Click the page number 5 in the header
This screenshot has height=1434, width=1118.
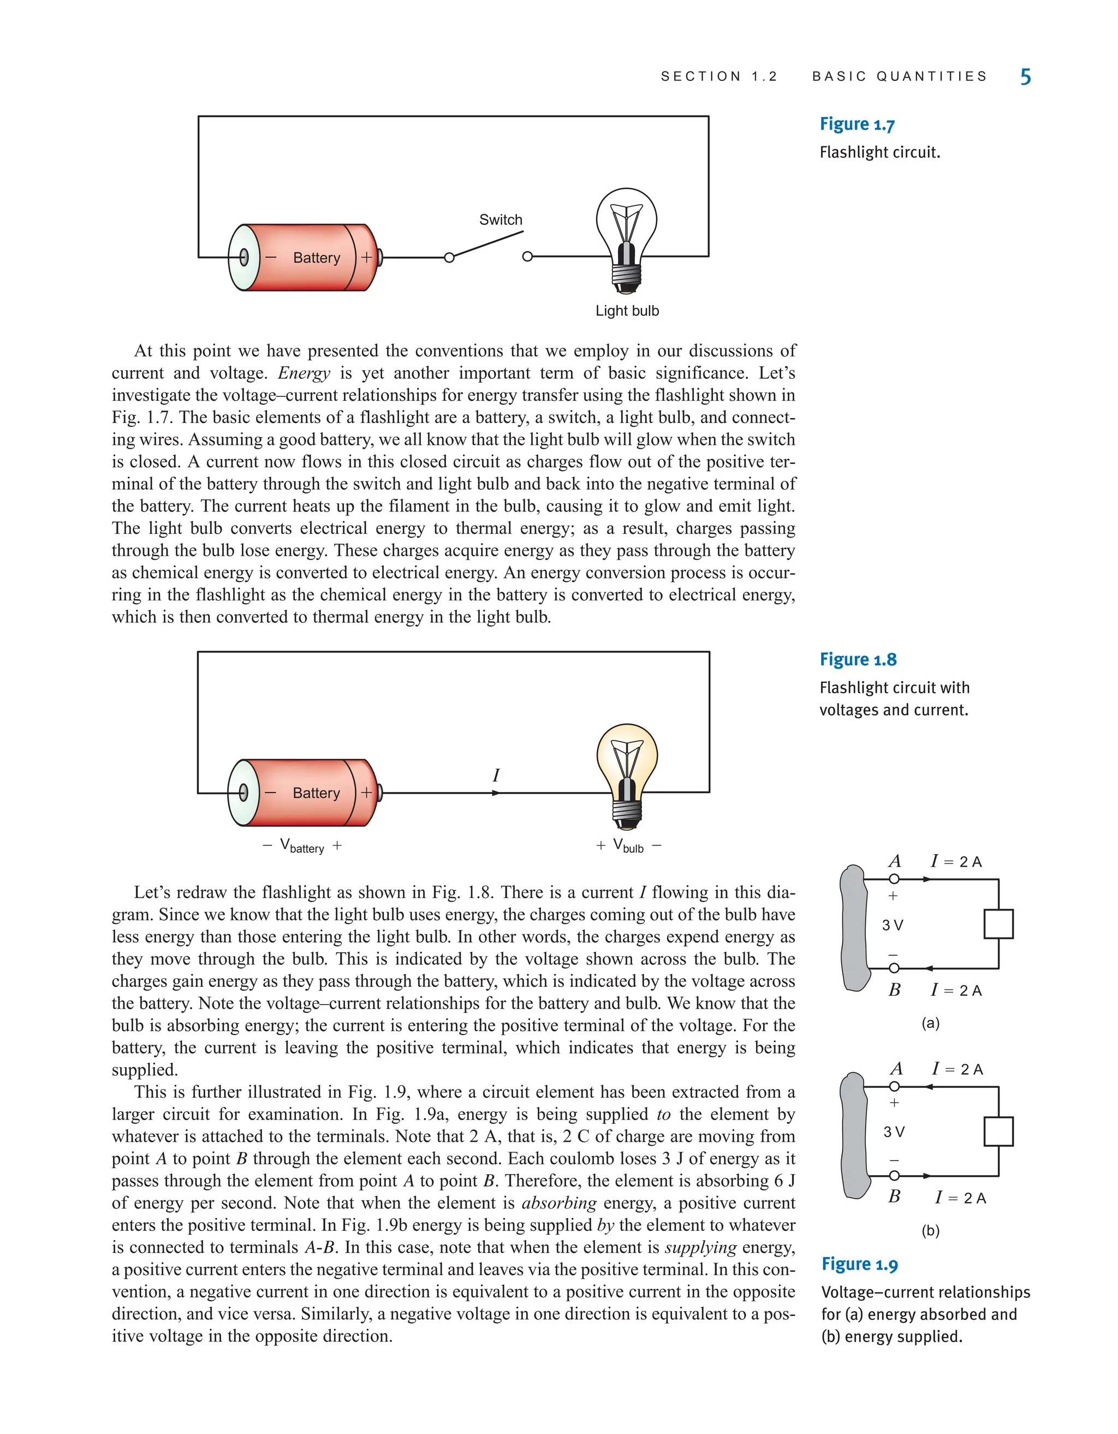tap(1025, 77)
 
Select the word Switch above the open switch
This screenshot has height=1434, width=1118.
tap(500, 220)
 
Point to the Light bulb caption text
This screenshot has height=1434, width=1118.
tap(627, 311)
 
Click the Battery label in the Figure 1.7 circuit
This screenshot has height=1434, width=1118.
tap(317, 258)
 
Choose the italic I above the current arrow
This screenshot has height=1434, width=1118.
tap(496, 776)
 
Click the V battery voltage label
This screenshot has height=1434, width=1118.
tap(302, 846)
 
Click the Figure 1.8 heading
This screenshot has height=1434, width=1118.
tap(858, 659)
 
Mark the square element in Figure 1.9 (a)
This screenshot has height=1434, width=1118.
tap(998, 924)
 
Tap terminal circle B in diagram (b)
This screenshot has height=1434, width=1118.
tap(894, 1175)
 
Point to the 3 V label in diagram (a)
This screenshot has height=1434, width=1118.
tap(892, 925)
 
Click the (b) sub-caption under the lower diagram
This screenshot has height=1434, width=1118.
tap(930, 1230)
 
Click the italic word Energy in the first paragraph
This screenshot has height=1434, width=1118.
tap(304, 373)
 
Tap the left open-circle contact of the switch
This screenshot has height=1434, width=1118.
tap(449, 258)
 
